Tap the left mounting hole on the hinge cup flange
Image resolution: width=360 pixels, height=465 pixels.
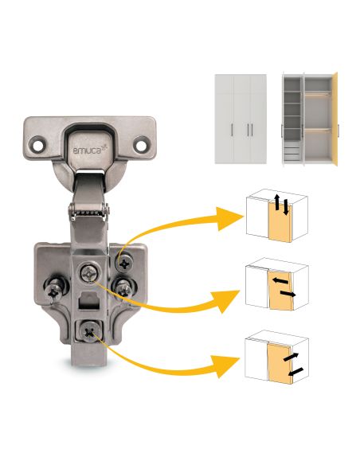38,145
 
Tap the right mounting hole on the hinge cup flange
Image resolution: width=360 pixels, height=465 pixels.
140,145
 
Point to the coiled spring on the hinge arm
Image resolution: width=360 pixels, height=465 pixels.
89,213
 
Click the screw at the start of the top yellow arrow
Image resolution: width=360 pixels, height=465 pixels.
124,262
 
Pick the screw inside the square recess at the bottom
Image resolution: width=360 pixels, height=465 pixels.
89,332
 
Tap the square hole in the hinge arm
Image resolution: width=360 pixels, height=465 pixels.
88,301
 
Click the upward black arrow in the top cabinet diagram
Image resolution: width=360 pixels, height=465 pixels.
276,201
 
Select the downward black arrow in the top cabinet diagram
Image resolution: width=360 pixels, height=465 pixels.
286,207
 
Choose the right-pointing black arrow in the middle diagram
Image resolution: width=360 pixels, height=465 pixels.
288,294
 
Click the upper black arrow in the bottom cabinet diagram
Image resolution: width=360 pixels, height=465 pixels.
291,357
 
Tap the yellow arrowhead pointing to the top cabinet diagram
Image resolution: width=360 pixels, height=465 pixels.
229,218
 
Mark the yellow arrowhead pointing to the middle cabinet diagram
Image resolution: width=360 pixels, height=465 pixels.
228,301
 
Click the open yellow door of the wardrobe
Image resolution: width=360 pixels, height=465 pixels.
335,118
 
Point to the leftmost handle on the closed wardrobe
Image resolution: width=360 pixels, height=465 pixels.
232,130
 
